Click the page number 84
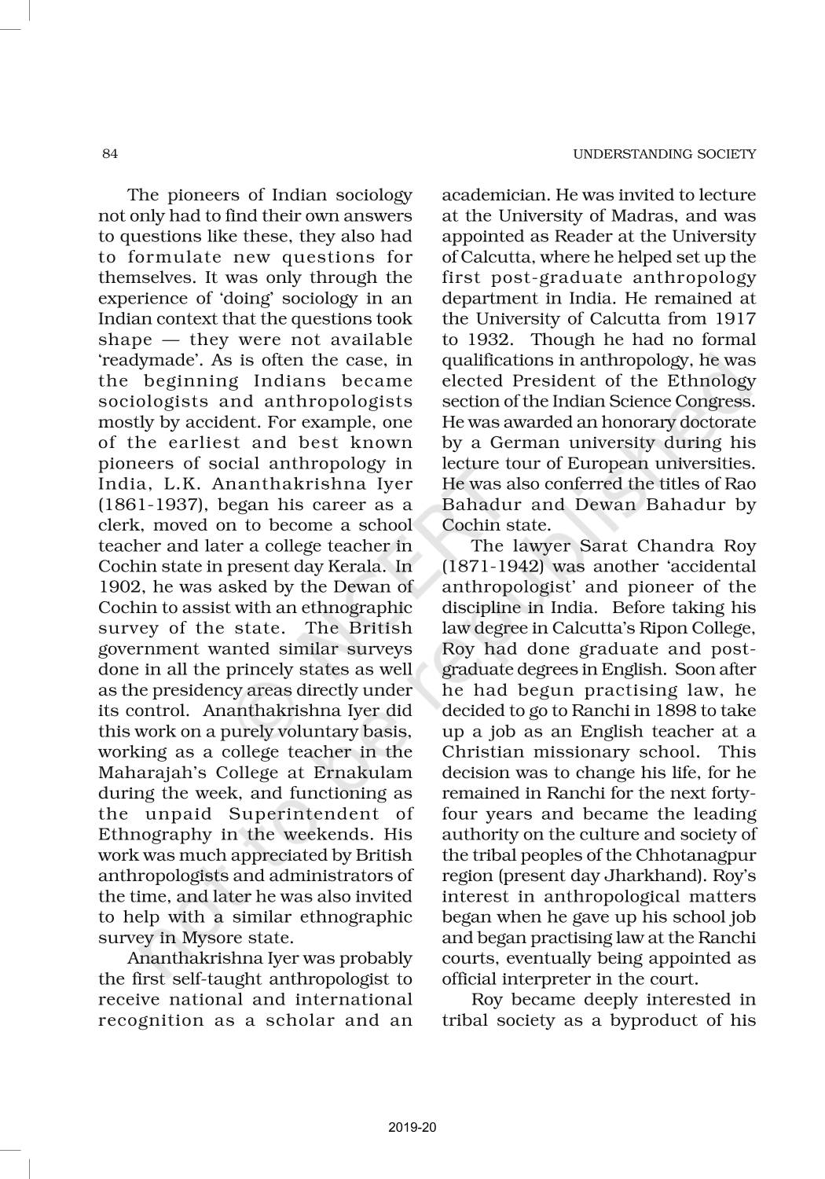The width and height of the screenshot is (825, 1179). [110, 154]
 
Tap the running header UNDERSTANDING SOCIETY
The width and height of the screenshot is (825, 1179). [664, 154]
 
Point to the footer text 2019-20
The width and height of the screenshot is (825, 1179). [412, 1128]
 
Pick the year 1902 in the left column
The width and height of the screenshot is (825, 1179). [119, 586]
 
